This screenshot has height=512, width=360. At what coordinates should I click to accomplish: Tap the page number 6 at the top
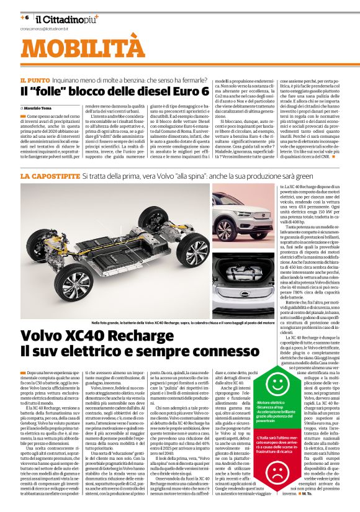click(25, 17)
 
